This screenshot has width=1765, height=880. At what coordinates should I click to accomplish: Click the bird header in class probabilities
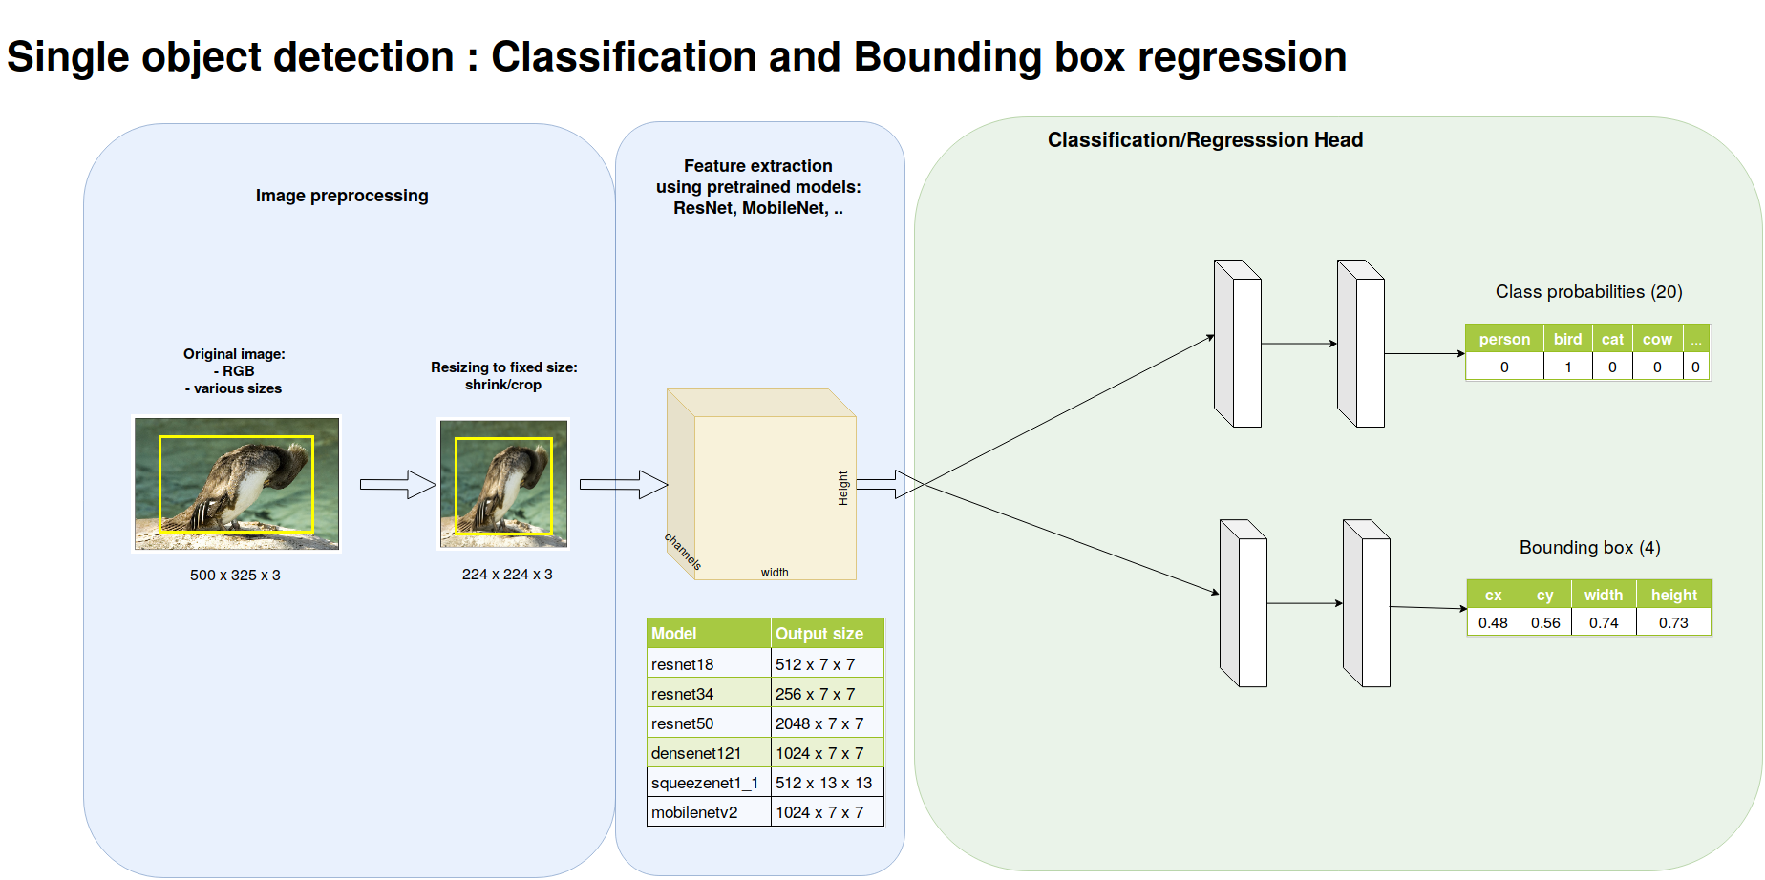click(x=1567, y=339)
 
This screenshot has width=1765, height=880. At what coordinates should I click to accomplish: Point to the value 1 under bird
click(x=1567, y=367)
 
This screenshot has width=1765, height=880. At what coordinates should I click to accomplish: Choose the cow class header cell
click(x=1657, y=339)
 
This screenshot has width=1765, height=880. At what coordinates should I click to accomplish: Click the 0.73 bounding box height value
click(x=1673, y=623)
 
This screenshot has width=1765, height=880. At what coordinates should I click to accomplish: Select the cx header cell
click(x=1494, y=596)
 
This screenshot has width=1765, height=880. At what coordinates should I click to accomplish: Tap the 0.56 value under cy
click(x=1545, y=623)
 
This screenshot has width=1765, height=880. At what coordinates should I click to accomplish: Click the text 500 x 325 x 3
click(x=235, y=576)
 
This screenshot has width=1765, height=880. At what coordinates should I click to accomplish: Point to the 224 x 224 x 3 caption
click(x=507, y=575)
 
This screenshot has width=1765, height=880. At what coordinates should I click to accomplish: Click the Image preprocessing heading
click(x=342, y=196)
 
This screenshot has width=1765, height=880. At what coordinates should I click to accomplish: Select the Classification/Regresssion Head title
click(x=1205, y=140)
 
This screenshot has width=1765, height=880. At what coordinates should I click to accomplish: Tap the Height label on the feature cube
click(x=843, y=488)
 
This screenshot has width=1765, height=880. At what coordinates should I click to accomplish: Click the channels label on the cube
click(x=683, y=552)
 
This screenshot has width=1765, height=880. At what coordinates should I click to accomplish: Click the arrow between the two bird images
click(x=397, y=484)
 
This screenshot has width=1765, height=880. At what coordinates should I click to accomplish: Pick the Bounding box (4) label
click(x=1589, y=548)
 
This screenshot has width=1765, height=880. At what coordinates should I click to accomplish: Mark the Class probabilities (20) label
click(x=1588, y=292)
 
